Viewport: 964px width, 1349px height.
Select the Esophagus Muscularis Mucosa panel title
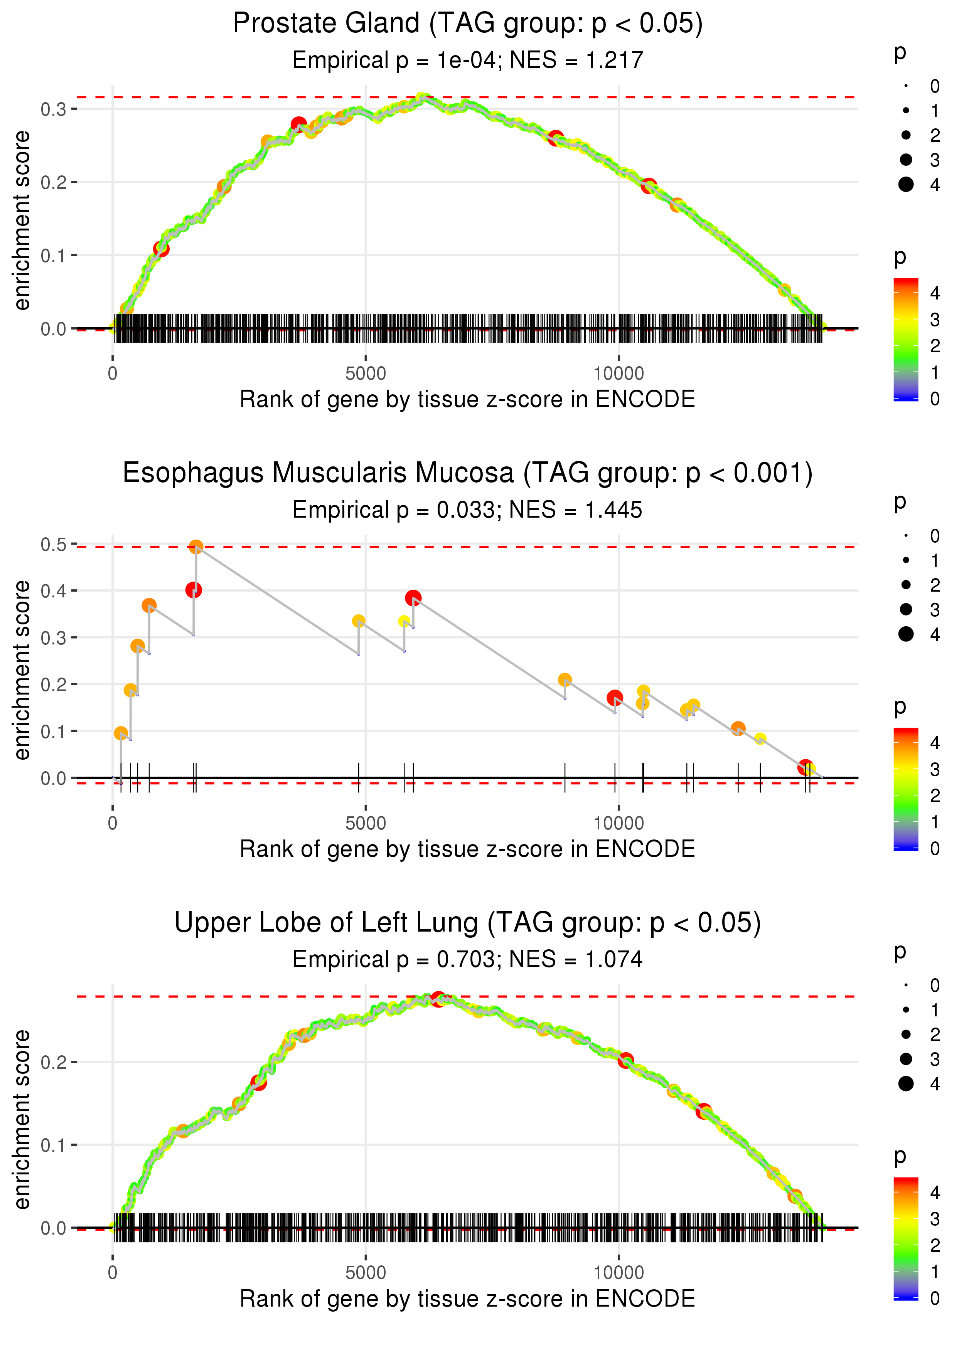(467, 473)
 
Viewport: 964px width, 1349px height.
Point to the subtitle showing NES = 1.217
(467, 60)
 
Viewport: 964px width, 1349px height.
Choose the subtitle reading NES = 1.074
(467, 959)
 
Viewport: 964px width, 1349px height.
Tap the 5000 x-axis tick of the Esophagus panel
(365, 823)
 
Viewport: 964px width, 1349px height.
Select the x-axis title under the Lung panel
(467, 1299)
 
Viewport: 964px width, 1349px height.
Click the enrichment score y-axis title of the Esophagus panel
(22, 670)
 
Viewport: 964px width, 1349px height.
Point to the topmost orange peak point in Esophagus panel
(196, 547)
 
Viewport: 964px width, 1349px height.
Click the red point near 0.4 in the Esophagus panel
(194, 590)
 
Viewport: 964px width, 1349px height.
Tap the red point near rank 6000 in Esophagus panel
(413, 598)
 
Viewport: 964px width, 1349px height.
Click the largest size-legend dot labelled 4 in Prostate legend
(906, 185)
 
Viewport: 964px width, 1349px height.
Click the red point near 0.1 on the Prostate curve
(161, 249)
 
